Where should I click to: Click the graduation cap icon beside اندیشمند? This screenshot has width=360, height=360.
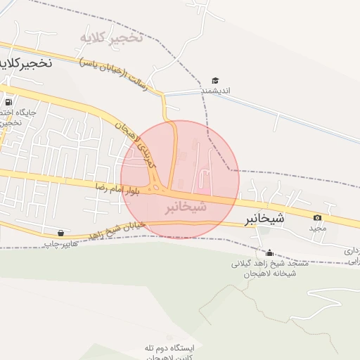214,81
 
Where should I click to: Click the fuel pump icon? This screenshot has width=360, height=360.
8,101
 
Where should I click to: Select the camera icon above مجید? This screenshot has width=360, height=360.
318,218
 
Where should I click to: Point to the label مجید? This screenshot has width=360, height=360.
319,229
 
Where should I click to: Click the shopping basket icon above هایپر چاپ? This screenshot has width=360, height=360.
60,233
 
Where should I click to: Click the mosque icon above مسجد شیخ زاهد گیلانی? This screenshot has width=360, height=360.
269,252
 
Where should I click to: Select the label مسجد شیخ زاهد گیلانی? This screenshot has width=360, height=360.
270,264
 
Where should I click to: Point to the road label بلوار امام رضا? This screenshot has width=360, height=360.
120,188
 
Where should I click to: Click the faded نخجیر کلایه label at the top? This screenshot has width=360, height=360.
111,37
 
